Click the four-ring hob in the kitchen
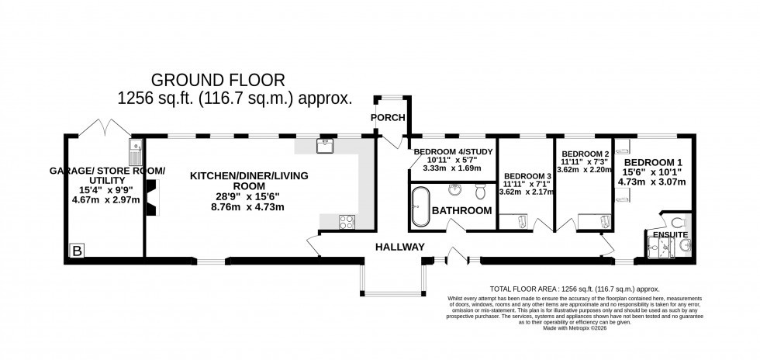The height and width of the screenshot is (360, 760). [x=347, y=222]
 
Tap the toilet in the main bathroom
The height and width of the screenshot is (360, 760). [x=481, y=191]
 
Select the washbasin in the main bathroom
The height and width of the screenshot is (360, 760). [x=456, y=189]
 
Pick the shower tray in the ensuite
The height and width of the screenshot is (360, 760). [x=658, y=247]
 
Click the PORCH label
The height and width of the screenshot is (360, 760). [x=387, y=118]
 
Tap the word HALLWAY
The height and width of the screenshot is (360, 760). [x=399, y=247]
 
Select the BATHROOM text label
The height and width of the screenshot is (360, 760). [x=462, y=210]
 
